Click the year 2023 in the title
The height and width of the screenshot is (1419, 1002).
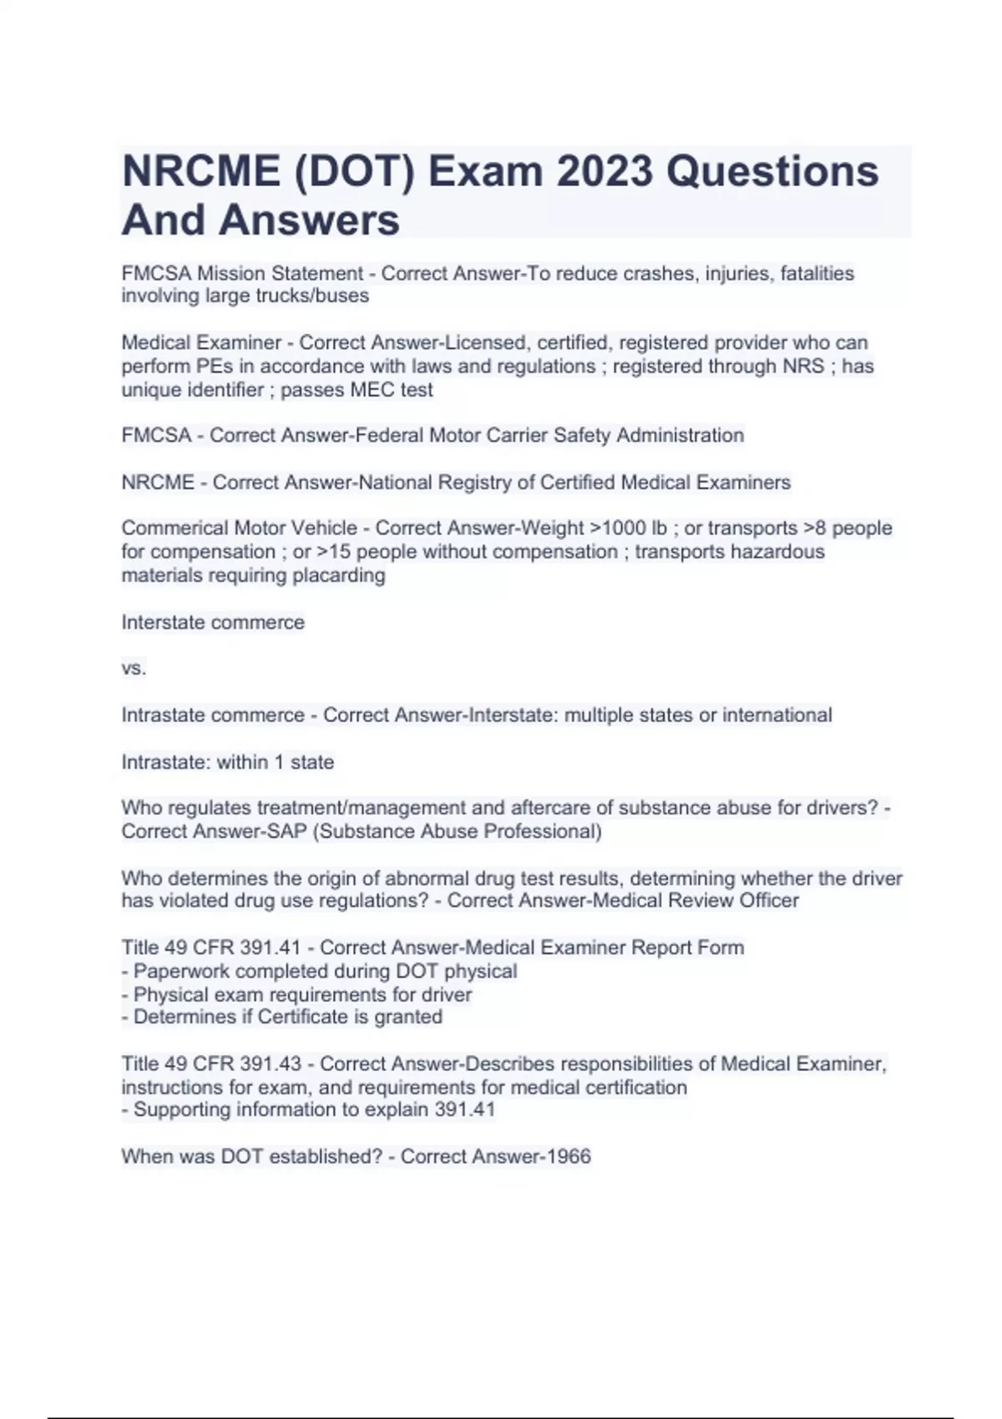tap(604, 171)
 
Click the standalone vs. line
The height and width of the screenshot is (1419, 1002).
tap(134, 669)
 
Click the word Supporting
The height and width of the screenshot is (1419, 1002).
tap(181, 1110)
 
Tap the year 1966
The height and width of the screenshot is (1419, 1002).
tap(568, 1157)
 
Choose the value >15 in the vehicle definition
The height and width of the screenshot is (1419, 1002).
tap(334, 552)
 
